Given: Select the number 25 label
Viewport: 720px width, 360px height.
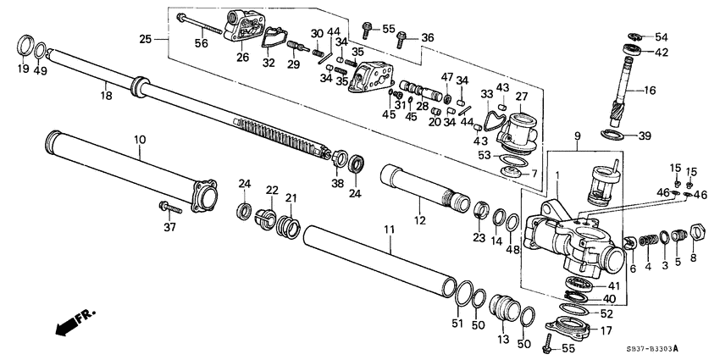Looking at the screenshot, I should coord(145,39).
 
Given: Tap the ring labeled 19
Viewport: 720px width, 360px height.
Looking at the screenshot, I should coord(26,44).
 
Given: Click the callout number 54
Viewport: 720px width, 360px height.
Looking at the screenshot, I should coord(661,36).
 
